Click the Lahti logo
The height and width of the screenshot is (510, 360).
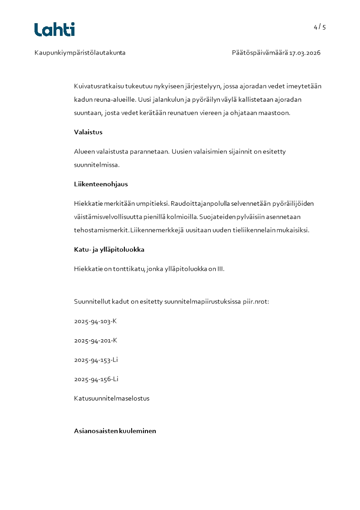pos(54,30)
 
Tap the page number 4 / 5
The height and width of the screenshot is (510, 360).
pos(320,27)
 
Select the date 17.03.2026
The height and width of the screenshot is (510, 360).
pos(305,53)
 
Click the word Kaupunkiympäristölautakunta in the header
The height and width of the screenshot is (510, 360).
pos(80,53)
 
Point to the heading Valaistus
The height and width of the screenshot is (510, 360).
pos(88,132)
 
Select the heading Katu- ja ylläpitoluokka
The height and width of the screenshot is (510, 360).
pos(109,249)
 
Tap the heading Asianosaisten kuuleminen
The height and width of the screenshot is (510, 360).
pos(115,431)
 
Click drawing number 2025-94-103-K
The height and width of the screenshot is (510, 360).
pos(95,321)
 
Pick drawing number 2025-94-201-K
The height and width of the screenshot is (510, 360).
pos(95,341)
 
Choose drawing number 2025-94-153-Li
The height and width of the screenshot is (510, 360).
pos(96,360)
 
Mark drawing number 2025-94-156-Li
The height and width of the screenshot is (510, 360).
pos(96,379)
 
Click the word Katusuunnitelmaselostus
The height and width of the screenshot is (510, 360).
pos(112,398)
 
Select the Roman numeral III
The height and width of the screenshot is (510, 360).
pos(221,269)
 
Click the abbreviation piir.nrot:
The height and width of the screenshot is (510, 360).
pos(256,302)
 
